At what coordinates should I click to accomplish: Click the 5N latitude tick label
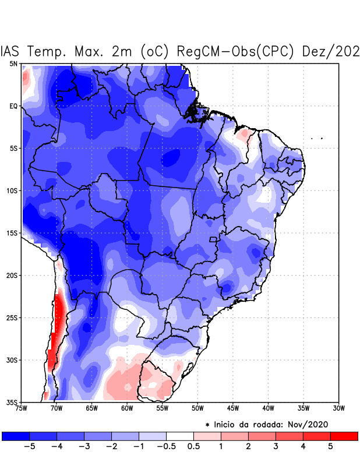click(x=13, y=63)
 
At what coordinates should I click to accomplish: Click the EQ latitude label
click(x=13, y=106)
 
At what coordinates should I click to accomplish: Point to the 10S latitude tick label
click(x=12, y=190)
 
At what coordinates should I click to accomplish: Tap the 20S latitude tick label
click(x=12, y=275)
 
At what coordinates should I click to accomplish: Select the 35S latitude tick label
click(x=12, y=402)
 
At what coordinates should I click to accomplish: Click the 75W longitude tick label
click(x=22, y=408)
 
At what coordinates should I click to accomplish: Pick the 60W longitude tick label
click(x=126, y=408)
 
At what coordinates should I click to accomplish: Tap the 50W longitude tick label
click(x=197, y=408)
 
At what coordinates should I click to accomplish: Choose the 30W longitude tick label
click(x=338, y=408)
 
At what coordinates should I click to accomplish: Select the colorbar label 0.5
click(x=194, y=447)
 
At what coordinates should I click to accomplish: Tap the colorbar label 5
click(x=331, y=447)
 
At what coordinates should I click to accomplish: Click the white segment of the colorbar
click(x=180, y=436)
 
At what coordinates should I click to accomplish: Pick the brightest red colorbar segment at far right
click(x=344, y=436)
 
